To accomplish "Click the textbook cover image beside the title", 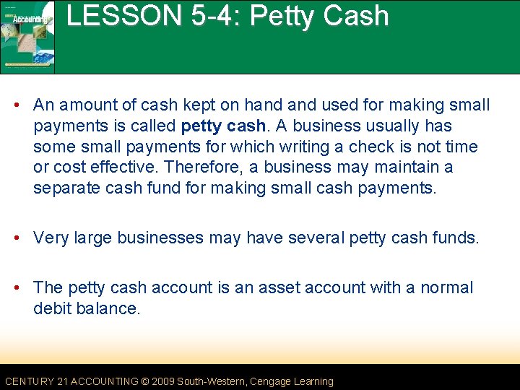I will pos(27,36).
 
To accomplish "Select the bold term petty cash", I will pos(223,126).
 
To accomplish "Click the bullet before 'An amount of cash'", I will pos(23,105).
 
